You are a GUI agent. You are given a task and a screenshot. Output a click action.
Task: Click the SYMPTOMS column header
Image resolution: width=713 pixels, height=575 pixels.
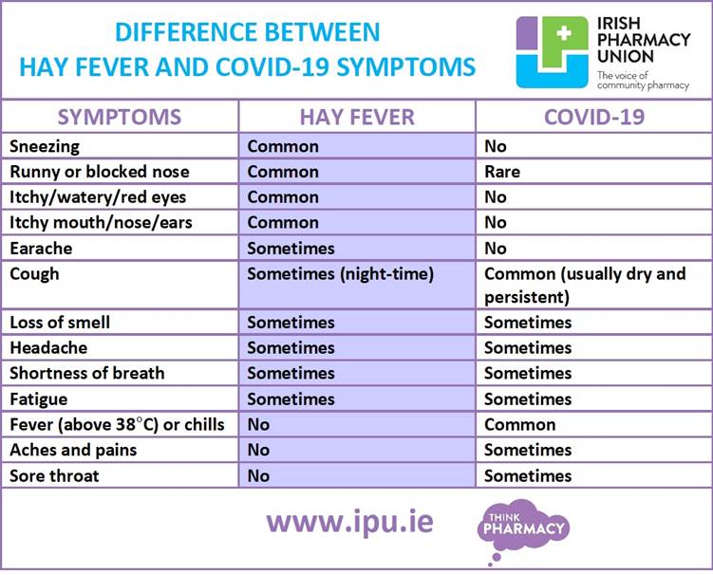(x=119, y=117)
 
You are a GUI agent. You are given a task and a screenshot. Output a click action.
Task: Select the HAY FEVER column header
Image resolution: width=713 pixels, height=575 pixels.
(x=357, y=117)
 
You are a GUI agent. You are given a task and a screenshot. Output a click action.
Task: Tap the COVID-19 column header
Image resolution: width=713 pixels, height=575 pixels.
(x=594, y=117)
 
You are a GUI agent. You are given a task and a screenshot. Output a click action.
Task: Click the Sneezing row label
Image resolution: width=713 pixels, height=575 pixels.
(x=45, y=146)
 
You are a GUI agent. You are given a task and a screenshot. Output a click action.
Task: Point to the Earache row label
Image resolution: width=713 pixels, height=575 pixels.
(x=41, y=249)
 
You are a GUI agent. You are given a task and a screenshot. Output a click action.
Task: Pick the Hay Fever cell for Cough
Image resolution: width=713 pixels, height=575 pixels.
(x=340, y=274)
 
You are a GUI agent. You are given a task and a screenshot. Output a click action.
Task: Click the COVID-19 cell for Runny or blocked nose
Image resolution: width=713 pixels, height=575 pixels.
(x=502, y=172)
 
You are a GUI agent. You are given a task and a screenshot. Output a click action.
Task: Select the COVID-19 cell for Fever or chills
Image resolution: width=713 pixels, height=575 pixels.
(x=519, y=424)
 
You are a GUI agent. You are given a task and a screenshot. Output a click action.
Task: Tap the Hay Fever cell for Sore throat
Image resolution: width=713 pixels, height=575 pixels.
(x=258, y=476)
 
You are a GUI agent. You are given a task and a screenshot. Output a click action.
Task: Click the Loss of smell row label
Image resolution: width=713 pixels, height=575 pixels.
(x=60, y=323)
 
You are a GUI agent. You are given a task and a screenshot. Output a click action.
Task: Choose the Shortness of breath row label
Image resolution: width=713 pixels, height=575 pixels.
(x=86, y=373)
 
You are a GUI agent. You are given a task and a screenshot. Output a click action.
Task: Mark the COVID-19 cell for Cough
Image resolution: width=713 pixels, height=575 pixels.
(x=585, y=285)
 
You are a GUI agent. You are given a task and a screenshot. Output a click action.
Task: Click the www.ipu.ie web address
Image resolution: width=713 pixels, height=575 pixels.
(x=349, y=523)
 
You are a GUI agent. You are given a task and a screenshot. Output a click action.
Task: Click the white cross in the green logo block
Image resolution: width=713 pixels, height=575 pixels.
(x=564, y=33)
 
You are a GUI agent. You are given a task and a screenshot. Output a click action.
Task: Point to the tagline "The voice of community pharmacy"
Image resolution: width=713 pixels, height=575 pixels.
(x=643, y=81)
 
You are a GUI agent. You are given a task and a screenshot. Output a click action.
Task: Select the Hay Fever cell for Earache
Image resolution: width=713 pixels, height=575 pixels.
(x=291, y=249)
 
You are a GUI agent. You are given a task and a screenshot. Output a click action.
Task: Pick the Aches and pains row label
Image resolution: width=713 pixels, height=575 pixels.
(x=73, y=450)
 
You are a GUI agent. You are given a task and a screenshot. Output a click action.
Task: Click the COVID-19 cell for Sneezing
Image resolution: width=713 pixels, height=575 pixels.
(x=496, y=146)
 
